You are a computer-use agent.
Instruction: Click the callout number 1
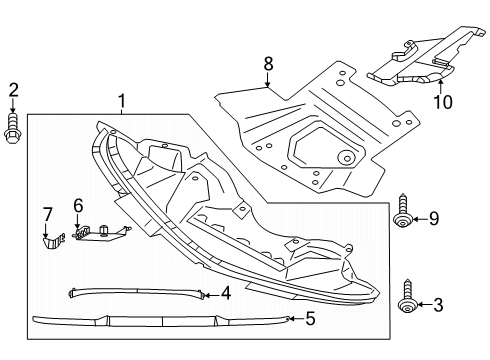(x=122, y=101)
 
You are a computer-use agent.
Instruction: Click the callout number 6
(x=76, y=206)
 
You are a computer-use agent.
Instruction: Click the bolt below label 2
(x=13, y=128)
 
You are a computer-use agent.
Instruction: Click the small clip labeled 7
(x=49, y=241)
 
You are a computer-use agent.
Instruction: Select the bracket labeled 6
(x=98, y=233)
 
